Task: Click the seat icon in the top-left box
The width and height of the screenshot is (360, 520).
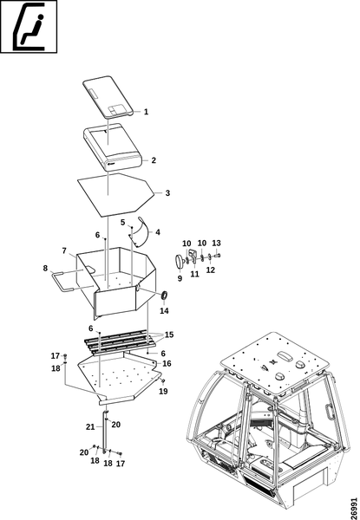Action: point(29,27)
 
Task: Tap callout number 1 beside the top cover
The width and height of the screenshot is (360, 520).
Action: point(146,112)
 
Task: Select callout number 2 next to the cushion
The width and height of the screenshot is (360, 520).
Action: point(154,160)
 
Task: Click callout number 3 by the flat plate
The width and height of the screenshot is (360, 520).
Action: point(167,193)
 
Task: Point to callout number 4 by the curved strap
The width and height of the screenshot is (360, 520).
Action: point(158,232)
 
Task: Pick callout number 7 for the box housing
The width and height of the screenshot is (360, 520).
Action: point(64,250)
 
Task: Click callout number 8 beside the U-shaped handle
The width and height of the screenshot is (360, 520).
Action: point(45,269)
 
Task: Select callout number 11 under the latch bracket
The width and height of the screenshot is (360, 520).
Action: point(195,274)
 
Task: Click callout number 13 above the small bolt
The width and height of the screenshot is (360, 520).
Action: point(216,243)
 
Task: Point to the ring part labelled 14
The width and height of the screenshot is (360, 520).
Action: point(164,296)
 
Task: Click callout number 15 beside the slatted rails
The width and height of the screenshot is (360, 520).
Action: point(169,335)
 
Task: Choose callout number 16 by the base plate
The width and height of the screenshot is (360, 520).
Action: point(167,363)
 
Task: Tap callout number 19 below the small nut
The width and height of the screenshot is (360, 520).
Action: point(163,392)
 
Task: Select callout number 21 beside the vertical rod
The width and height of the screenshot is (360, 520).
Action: point(90,426)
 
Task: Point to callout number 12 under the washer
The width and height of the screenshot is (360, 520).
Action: point(211,270)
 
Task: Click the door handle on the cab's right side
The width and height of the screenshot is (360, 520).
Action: point(329,413)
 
